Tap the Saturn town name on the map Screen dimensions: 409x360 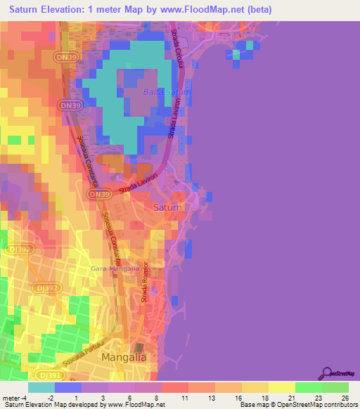coord(167,207)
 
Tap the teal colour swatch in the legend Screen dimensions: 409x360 coord(41,387)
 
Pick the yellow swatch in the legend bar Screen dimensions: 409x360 coord(281,387)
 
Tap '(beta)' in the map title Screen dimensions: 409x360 coord(255,10)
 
